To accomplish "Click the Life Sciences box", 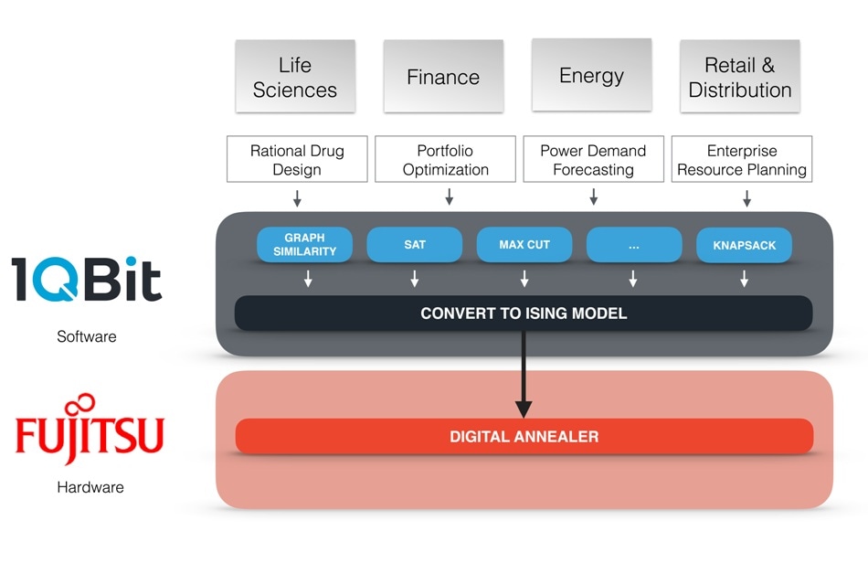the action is [x=295, y=77].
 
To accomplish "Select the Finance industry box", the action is [x=443, y=77].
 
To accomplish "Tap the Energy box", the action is [x=592, y=75].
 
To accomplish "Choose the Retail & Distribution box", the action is [x=740, y=77].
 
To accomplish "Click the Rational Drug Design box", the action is [x=297, y=159].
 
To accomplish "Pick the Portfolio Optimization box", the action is [x=446, y=159].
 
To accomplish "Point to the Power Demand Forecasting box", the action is [x=593, y=159].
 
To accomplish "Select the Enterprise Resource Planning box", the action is [x=742, y=159].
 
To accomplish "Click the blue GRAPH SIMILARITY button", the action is [x=304, y=244].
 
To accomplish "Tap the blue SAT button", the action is [x=415, y=244].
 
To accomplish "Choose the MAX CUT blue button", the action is [x=524, y=244].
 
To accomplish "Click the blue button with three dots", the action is [x=634, y=244].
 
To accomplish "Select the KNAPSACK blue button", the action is [x=744, y=245].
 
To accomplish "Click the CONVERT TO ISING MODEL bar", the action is [x=524, y=313].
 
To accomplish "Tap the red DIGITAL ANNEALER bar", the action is [x=524, y=436].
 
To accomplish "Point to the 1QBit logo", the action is [x=87, y=279].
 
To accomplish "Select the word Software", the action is [x=87, y=336].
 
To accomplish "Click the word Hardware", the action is [x=90, y=487].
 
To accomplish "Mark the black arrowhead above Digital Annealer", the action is [x=524, y=409].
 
